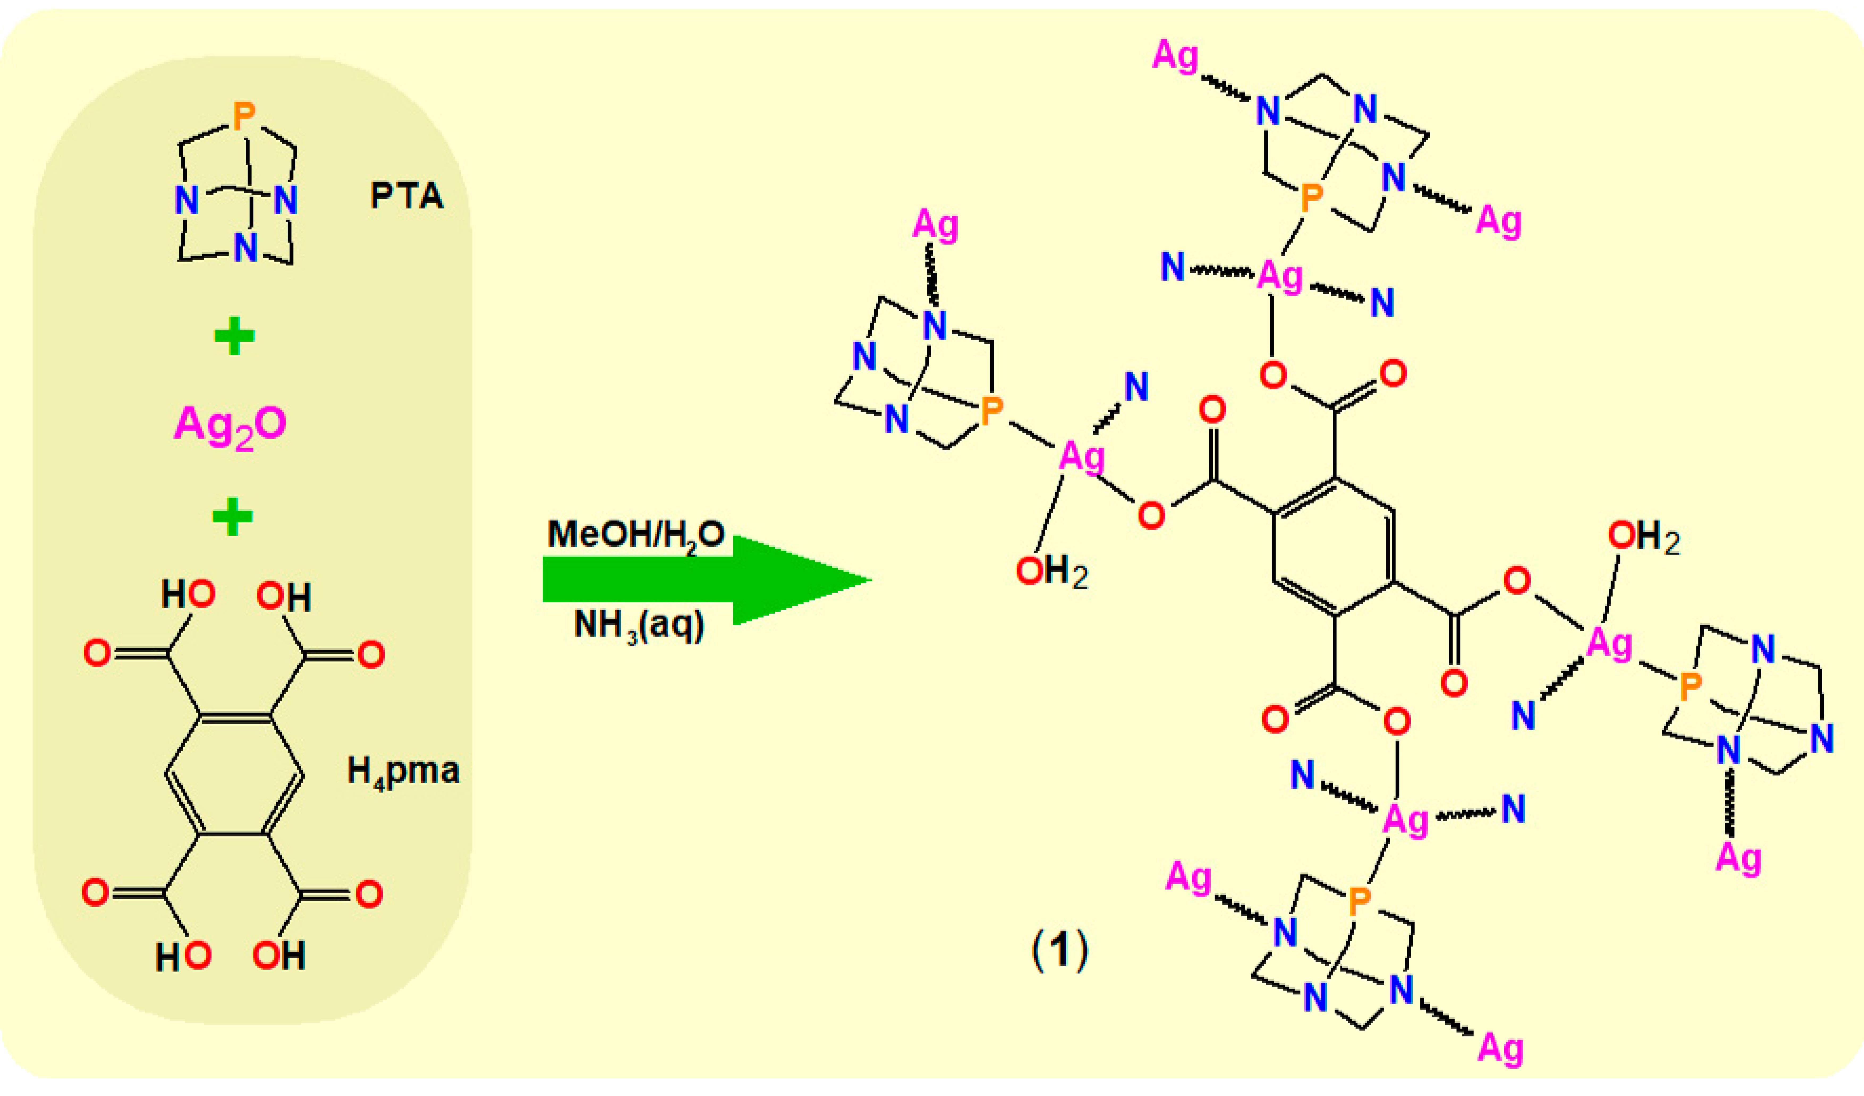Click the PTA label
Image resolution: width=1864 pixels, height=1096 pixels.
[407, 196]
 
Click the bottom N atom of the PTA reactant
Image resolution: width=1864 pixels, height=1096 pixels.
[245, 249]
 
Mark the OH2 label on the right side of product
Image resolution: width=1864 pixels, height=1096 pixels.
[1644, 538]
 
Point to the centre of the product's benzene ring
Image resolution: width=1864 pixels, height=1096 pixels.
[1334, 546]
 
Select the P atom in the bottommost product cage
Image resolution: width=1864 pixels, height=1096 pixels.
[1359, 901]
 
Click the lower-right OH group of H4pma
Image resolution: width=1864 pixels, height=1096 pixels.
[279, 956]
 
